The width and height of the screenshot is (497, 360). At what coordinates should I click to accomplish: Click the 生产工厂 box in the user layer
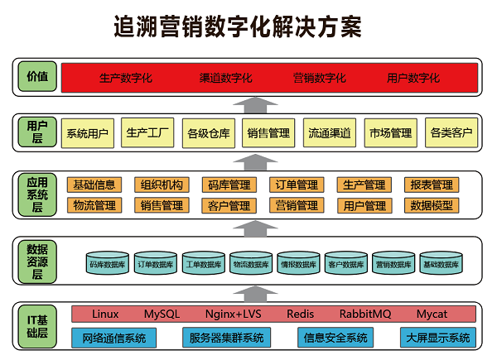pyautogui.click(x=147, y=132)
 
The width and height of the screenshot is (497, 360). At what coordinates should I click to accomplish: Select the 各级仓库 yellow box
pyautogui.click(x=208, y=132)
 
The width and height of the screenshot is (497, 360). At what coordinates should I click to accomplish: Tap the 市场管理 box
pyautogui.click(x=390, y=132)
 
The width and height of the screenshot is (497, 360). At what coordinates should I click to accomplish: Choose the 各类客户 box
pyautogui.click(x=451, y=132)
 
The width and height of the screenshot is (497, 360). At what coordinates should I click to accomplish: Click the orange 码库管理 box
pyautogui.click(x=229, y=185)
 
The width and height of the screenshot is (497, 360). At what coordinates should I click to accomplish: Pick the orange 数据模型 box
pyautogui.click(x=432, y=204)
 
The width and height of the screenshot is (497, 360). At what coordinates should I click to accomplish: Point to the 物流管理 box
pyautogui.click(x=94, y=204)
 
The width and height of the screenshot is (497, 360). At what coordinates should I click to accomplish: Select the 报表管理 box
pyautogui.click(x=432, y=185)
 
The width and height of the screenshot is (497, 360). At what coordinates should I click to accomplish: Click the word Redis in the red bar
pyautogui.click(x=301, y=314)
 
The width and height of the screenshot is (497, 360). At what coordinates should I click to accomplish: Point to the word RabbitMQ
pyautogui.click(x=365, y=314)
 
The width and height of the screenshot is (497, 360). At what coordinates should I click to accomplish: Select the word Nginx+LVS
pyautogui.click(x=233, y=314)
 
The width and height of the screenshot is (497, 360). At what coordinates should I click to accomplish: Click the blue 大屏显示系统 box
pyautogui.click(x=437, y=338)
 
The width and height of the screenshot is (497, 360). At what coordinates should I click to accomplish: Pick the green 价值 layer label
pyautogui.click(x=36, y=77)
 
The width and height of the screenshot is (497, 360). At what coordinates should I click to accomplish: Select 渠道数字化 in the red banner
pyautogui.click(x=225, y=79)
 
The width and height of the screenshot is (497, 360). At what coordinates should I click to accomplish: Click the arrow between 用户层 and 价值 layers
pyautogui.click(x=248, y=103)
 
